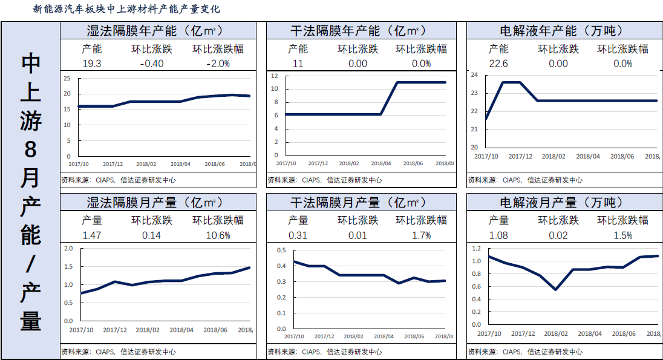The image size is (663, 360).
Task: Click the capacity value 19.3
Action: (91, 64)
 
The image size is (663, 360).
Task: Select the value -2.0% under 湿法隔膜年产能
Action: (218, 64)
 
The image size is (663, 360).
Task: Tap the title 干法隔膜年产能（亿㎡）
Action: (358, 30)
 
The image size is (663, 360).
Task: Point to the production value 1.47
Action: (91, 235)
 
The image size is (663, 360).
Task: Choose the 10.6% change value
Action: (218, 235)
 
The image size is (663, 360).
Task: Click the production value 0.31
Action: (297, 235)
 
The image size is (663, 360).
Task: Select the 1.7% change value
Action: (421, 235)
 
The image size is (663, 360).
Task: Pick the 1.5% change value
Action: (622, 235)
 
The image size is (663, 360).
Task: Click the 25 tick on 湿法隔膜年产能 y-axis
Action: (67, 78)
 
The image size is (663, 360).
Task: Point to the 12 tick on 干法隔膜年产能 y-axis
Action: (274, 76)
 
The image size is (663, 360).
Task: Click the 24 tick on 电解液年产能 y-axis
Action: (474, 75)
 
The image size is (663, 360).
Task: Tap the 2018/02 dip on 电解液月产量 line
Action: (555, 290)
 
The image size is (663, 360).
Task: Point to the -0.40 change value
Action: (151, 64)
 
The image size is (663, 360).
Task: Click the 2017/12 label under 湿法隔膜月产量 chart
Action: (115, 330)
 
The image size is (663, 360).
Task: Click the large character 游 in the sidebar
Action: (30, 120)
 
